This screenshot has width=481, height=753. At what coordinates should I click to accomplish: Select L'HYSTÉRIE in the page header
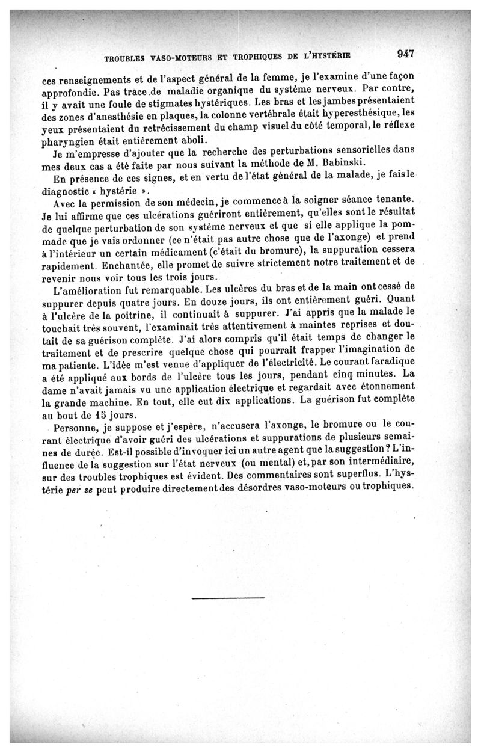coord(322,57)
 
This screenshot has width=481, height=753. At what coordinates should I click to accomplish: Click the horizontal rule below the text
coord(228,598)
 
